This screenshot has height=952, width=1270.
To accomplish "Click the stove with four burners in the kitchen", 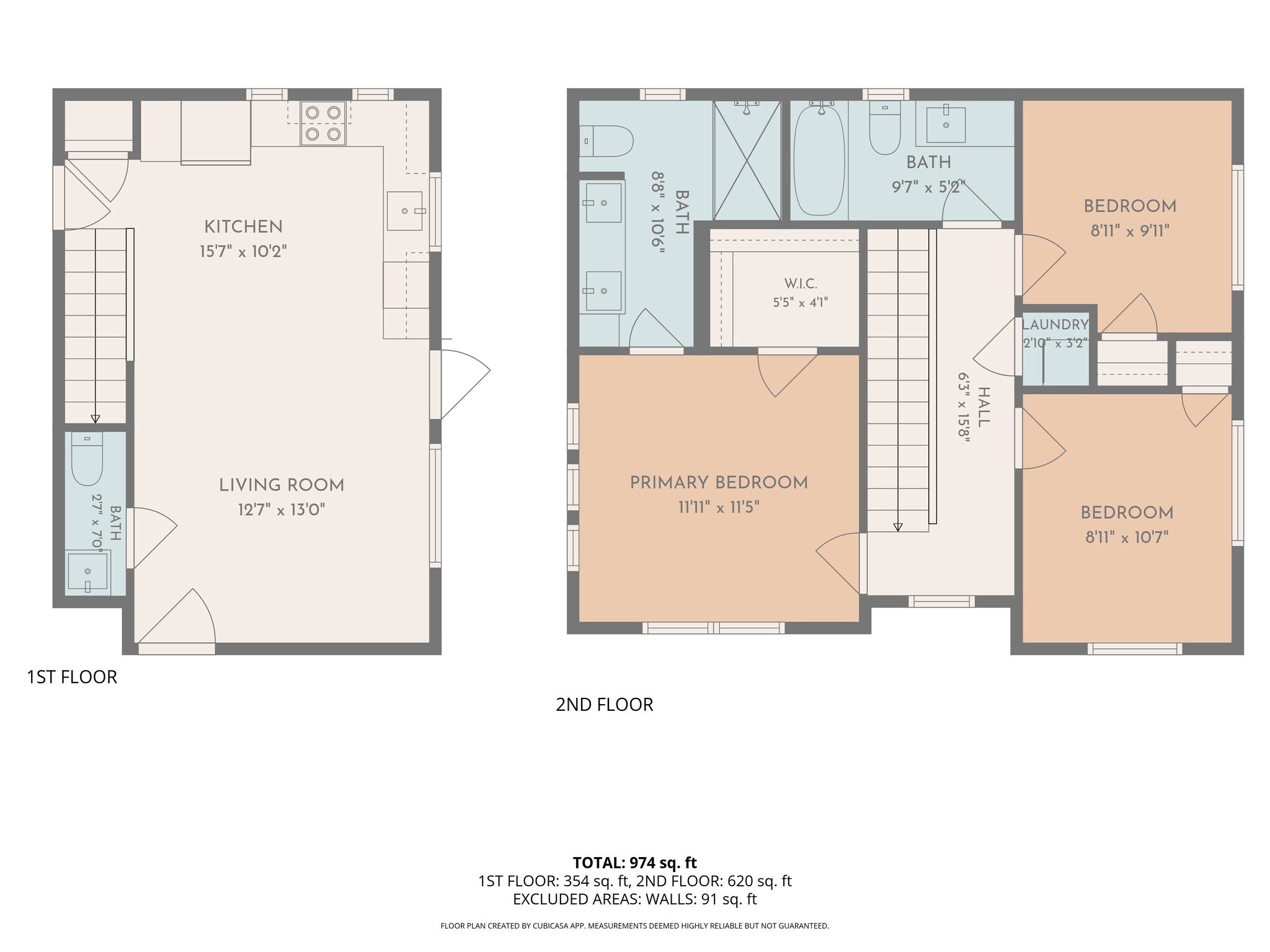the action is (x=323, y=123).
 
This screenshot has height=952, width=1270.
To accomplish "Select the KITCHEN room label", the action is (x=243, y=227).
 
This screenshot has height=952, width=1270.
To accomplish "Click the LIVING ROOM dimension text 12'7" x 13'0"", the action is (x=282, y=510).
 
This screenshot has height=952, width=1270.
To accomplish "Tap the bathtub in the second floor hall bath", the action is (x=819, y=161).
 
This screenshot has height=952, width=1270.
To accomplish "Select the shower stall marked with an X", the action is (x=747, y=160).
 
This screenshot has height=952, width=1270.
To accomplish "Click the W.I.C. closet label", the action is (x=801, y=284).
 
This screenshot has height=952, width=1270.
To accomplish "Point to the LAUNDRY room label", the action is (x=1055, y=324).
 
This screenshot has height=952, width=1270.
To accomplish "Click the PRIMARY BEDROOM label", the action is (x=719, y=483).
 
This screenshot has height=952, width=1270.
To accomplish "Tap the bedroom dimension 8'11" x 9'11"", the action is (x=1130, y=231).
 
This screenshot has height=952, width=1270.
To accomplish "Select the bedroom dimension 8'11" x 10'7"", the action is (x=1127, y=537).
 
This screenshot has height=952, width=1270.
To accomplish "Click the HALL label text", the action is (x=984, y=407).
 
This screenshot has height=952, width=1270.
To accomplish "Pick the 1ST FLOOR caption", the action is (x=72, y=677).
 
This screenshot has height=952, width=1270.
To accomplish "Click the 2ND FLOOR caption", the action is (x=605, y=705).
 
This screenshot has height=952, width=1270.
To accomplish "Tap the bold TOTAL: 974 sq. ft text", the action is (x=635, y=863).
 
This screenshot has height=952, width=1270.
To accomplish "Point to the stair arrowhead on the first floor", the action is (x=95, y=418).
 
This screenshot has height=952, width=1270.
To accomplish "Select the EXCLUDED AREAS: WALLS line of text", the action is (x=635, y=899).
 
